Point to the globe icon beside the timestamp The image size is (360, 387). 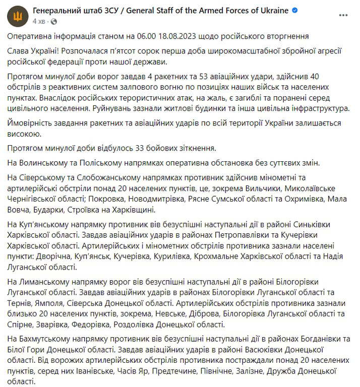[x=54, y=22]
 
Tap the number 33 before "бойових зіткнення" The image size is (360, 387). [x=143, y=148]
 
